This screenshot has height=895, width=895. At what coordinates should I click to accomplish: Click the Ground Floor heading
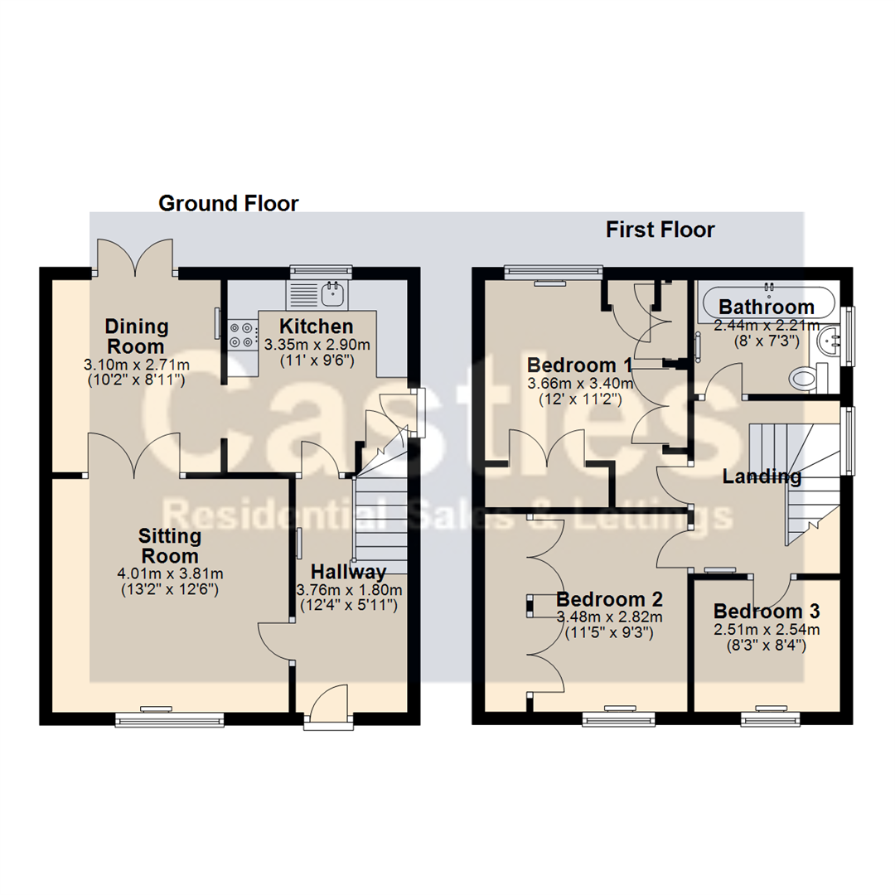tap(228, 203)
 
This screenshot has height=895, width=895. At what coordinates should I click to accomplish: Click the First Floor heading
tap(660, 230)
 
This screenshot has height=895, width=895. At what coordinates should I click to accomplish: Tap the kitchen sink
tap(335, 291)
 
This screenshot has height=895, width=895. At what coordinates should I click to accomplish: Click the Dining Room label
tap(136, 336)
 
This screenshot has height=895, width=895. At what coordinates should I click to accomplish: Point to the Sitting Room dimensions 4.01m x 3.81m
tap(171, 573)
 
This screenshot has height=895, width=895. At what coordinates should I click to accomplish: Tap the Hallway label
tap(348, 572)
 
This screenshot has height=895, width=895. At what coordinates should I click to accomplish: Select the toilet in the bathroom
tap(804, 380)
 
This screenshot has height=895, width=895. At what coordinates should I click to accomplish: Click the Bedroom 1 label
tap(579, 365)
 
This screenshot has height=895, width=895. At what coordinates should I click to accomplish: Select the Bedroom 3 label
tap(767, 612)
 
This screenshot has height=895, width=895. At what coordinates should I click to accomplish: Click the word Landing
tap(762, 477)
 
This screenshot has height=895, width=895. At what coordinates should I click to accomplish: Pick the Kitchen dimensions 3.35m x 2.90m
tap(317, 344)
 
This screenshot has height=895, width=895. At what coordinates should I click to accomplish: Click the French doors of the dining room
tap(136, 257)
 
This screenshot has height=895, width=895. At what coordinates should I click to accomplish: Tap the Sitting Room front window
tap(169, 718)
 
